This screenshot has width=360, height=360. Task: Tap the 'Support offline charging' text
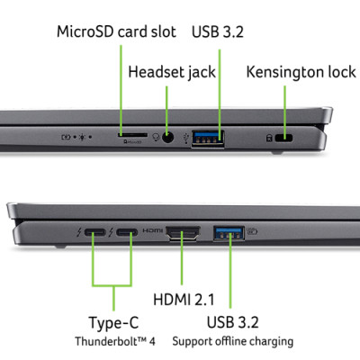(x=232, y=341)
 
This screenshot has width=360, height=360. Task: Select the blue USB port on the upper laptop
(x=208, y=138)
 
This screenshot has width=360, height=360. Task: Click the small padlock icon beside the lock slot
(x=267, y=138)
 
